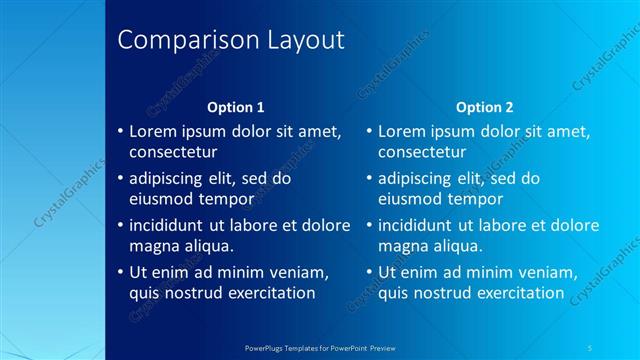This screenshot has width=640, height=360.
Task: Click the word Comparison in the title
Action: point(183,41)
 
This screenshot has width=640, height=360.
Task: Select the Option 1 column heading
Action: point(235,107)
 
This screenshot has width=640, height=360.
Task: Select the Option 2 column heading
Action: point(484,107)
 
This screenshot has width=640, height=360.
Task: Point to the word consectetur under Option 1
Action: point(173,152)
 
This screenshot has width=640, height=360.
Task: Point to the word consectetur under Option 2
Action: point(422,152)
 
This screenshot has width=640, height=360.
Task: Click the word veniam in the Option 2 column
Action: point(548,272)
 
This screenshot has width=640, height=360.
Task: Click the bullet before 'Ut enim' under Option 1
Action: point(120,272)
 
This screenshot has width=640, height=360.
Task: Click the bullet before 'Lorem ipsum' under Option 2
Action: point(369,131)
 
